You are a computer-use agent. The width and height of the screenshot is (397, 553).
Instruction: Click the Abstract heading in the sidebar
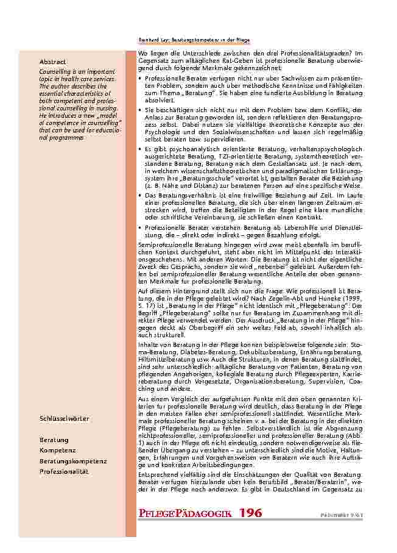53,62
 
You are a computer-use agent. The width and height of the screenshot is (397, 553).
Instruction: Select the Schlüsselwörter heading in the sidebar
64,419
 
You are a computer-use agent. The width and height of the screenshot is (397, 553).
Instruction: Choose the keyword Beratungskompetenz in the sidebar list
73,461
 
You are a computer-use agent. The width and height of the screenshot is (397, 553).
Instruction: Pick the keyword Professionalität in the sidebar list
64,471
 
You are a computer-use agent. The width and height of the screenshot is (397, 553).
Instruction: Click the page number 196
250,513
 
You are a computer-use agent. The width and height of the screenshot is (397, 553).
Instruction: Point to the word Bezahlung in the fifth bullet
286,235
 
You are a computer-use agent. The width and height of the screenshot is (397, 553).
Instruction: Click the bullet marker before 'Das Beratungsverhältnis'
141,195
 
